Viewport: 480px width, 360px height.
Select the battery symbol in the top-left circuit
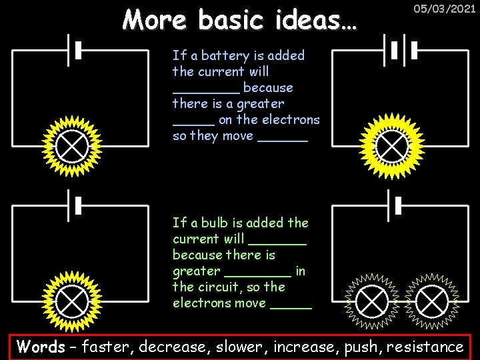coord(74,49)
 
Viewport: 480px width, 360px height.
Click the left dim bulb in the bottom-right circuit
coord(373,301)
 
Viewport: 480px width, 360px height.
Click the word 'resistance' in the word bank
coord(425,347)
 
